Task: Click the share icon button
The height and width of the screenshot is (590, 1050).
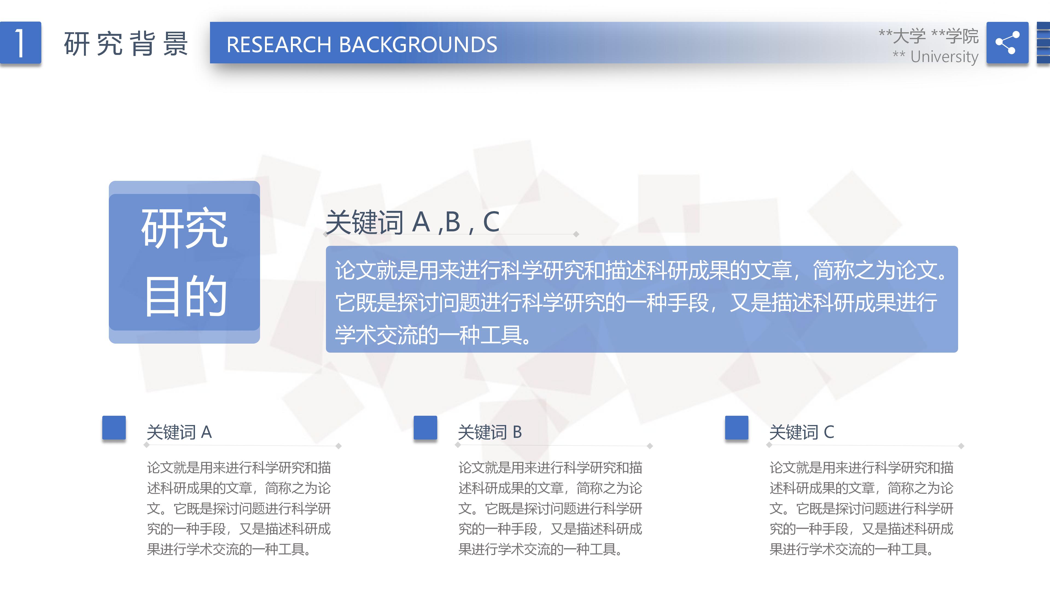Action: (x=1007, y=43)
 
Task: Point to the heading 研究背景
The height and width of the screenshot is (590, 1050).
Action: (x=126, y=44)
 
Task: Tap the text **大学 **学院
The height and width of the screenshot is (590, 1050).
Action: (x=928, y=36)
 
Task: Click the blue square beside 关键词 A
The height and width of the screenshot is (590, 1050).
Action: (x=114, y=427)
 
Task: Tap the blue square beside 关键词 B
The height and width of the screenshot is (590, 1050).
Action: (x=425, y=427)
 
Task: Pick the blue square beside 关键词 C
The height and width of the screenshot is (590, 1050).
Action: (x=737, y=427)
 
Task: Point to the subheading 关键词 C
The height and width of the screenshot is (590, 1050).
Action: (x=801, y=432)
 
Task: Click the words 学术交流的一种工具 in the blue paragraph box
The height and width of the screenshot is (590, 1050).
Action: (x=428, y=335)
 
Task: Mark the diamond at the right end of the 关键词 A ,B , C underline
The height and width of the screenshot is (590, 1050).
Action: (x=576, y=234)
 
